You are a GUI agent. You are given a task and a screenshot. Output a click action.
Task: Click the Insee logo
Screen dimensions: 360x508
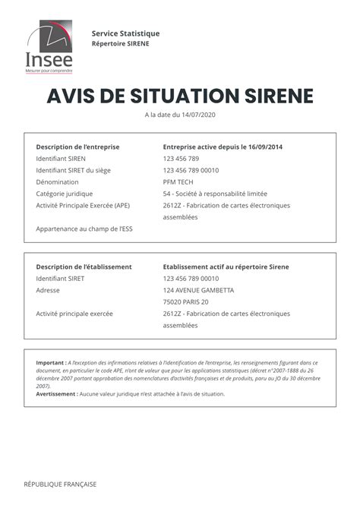(x=50, y=47)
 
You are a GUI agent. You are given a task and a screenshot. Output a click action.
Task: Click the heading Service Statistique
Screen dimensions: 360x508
(x=125, y=33)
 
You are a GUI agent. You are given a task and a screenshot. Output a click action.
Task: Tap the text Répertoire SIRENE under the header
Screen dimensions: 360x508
(x=121, y=43)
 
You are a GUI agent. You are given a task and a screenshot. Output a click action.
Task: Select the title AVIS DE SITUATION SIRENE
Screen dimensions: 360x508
(x=180, y=96)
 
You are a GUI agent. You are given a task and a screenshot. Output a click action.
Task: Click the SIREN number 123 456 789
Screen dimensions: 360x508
(x=181, y=159)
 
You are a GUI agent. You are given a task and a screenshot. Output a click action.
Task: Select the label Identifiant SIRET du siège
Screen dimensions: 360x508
(x=73, y=171)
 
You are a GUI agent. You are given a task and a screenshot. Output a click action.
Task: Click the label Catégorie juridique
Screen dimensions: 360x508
(x=65, y=194)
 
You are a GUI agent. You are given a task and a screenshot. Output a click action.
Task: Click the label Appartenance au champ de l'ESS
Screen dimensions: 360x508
(x=79, y=229)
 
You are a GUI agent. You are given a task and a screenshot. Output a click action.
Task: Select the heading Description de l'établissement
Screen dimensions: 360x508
(x=84, y=267)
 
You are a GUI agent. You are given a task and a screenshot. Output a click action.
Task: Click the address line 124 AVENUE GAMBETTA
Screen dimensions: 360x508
(x=198, y=290)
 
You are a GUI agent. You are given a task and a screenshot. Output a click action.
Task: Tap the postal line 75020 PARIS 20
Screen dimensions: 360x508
(x=185, y=302)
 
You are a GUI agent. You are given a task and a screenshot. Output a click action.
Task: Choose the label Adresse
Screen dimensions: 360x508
(x=48, y=290)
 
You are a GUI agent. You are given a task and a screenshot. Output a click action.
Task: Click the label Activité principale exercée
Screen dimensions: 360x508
(x=74, y=314)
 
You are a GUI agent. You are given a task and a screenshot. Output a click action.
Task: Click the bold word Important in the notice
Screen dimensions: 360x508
(x=50, y=363)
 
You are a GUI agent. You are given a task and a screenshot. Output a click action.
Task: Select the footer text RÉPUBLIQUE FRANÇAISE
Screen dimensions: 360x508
(x=60, y=484)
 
